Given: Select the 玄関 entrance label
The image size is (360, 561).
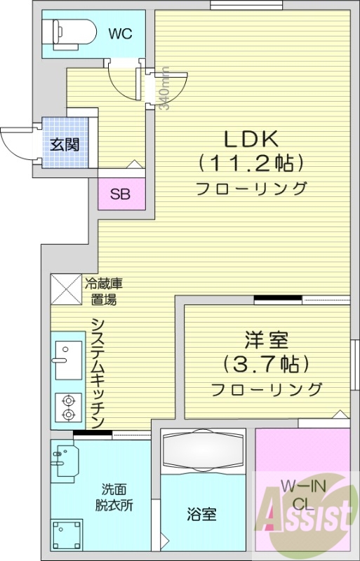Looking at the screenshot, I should [x=64, y=145].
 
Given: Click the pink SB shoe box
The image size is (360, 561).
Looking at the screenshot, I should [x=120, y=194].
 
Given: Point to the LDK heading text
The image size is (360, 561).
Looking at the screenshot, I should [x=251, y=137].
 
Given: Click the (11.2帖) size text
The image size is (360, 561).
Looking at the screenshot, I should [x=251, y=163].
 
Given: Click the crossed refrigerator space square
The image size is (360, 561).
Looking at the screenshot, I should [x=66, y=288].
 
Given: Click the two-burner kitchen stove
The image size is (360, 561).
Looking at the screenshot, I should [x=68, y=407].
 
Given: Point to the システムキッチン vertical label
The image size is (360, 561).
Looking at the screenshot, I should [x=98, y=372].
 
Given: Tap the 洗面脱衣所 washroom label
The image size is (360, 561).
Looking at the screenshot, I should [x=114, y=497].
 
